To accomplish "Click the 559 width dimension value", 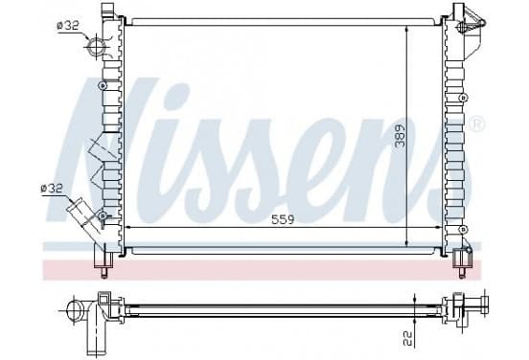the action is [283, 219].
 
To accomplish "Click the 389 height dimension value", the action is [401, 136].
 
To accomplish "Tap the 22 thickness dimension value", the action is [408, 338].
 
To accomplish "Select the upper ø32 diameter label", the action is [68, 25].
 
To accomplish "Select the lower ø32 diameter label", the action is [52, 189].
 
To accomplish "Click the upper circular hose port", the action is [96, 48].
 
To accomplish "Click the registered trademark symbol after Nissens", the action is [477, 124].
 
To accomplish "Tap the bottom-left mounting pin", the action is [103, 272].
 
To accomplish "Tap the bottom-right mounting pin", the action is [462, 272].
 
